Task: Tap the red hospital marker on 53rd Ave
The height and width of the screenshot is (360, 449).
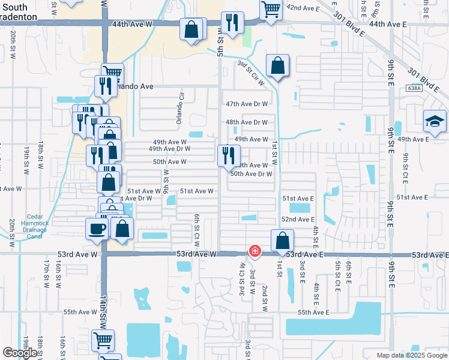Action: point(255,250)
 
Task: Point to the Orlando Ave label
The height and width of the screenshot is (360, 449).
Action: point(134,86)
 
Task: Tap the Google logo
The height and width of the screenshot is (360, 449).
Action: point(20,353)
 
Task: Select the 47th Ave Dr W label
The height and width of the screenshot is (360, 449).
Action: point(247,104)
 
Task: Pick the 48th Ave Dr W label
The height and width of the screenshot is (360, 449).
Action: point(247,122)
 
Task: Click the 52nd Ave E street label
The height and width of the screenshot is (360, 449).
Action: point(298,220)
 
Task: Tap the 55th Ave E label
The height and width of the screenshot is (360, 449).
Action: point(313,312)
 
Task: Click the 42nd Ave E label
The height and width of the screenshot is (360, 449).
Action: point(303,7)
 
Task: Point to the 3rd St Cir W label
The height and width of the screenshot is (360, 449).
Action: point(251,72)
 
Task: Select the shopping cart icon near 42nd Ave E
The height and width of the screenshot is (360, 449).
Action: point(271,9)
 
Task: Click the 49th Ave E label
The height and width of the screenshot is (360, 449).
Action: point(413,139)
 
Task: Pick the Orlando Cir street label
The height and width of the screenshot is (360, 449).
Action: point(179,109)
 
